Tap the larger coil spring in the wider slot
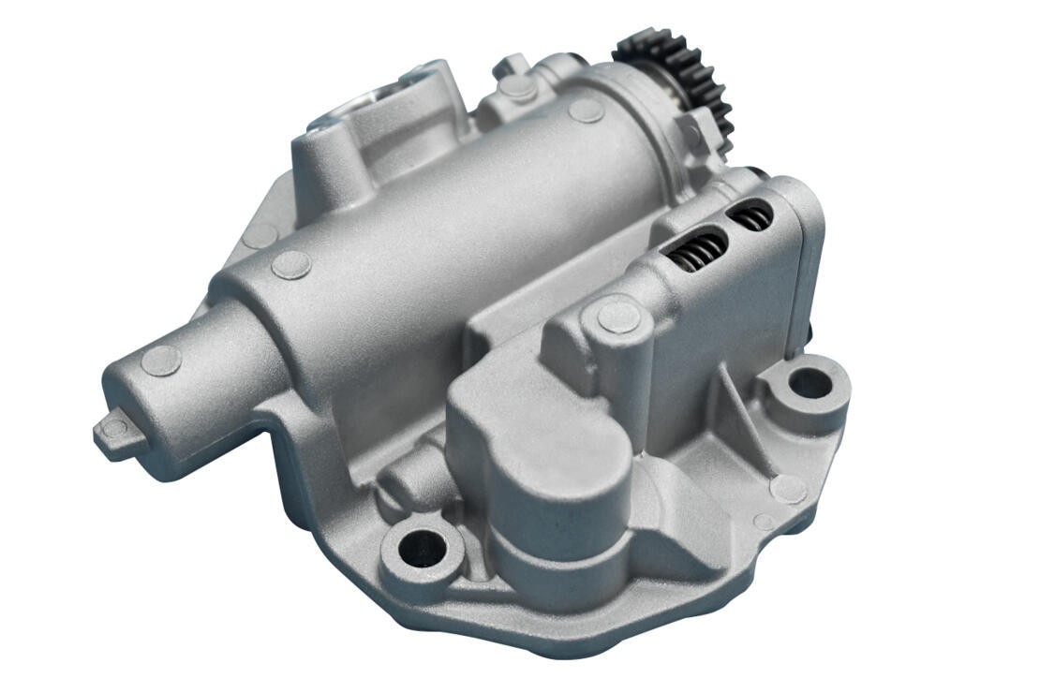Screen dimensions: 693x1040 [697, 250]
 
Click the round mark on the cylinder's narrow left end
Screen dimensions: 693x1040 [160, 361]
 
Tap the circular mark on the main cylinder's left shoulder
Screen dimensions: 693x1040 [290, 265]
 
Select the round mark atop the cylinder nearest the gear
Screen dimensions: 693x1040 [586, 110]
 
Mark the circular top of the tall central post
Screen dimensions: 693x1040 [618, 317]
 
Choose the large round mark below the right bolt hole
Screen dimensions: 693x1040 [787, 488]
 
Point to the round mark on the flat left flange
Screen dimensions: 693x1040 [260, 235]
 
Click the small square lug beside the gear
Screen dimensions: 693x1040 [691, 127]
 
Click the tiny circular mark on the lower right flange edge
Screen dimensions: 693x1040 [765, 522]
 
